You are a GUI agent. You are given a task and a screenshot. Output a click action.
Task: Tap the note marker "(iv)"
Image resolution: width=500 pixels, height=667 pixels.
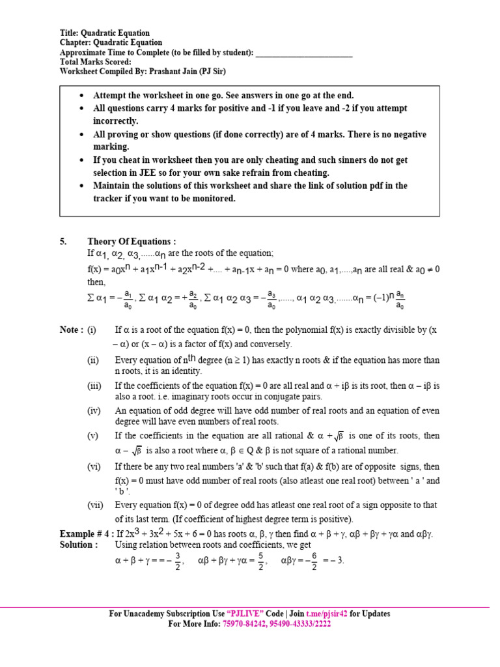pos(95,411)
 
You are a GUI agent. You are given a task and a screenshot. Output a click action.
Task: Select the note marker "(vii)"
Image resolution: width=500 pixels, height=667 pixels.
pos(96,505)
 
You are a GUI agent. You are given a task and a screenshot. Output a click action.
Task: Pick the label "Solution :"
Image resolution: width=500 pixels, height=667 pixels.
pos(79,545)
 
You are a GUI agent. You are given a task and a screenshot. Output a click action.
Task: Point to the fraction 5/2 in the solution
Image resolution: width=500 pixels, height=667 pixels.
pos(260,561)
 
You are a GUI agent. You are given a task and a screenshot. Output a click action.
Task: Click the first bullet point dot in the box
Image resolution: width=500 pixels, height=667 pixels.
pos(81,96)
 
